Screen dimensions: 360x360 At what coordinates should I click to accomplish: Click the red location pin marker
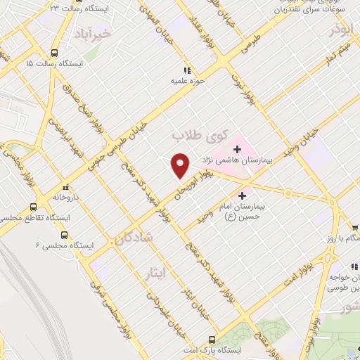(180, 165)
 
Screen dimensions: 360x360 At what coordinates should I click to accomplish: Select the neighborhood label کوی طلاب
(192, 133)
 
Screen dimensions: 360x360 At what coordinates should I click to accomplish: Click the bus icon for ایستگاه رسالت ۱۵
(55, 53)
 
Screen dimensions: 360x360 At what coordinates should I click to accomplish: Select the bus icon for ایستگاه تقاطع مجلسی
(33, 207)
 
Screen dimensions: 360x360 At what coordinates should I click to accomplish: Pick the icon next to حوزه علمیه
(186, 70)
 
